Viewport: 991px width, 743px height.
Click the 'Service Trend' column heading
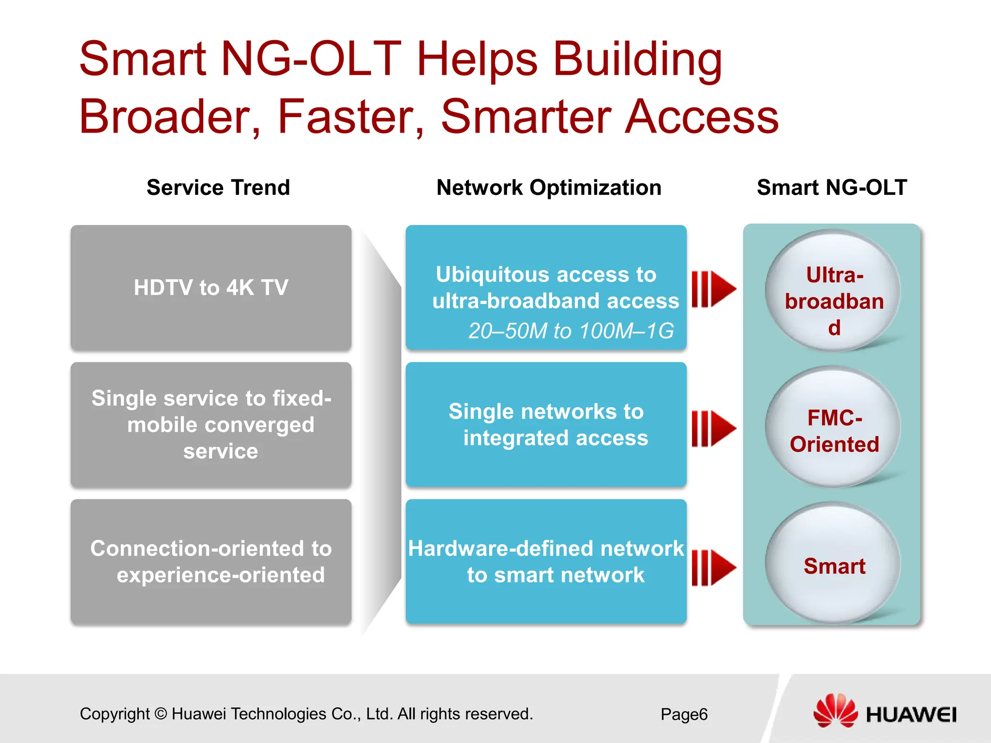[218, 188]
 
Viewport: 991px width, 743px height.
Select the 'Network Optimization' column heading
[549, 188]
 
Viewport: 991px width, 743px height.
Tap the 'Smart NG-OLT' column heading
[832, 188]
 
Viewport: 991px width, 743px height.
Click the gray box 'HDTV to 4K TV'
[211, 287]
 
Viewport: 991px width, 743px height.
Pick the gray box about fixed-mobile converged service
[211, 425]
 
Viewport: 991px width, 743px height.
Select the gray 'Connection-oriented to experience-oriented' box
[211, 562]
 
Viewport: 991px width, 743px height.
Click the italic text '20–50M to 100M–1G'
[571, 331]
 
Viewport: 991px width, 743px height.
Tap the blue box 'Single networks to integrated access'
[546, 425]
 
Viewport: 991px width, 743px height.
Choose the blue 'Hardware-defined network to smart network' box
[546, 562]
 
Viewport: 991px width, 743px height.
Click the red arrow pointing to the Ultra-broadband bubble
[714, 289]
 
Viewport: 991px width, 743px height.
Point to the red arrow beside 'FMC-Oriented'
[714, 429]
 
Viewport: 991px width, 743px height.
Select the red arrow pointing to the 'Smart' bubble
[714, 567]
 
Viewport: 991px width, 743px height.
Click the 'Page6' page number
[684, 714]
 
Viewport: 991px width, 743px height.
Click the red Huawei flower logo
[835, 710]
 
